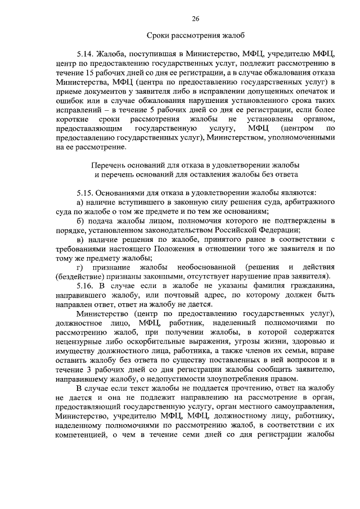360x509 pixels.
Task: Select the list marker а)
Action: point(81,201)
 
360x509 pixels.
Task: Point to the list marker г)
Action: point(80,265)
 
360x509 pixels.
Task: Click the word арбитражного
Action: point(309,201)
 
